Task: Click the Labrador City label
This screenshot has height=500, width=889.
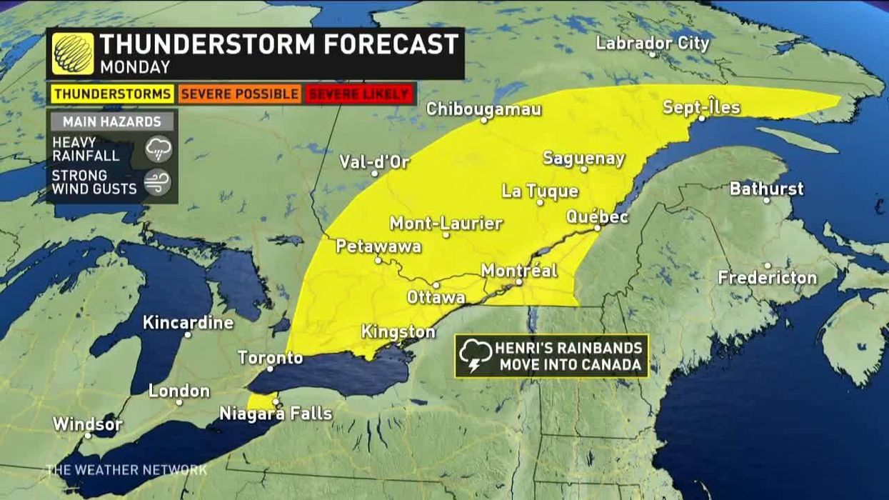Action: point(653,44)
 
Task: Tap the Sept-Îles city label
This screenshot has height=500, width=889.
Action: point(701,108)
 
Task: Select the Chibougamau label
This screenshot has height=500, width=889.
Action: point(483,109)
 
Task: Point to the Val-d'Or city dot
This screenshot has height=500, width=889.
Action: point(374,173)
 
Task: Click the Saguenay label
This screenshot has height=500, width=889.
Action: point(583,159)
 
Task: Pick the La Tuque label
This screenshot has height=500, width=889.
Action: point(540,191)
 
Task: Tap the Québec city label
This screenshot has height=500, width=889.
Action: point(597,217)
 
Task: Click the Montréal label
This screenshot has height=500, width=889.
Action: point(519,271)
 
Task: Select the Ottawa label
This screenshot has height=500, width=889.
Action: point(436,297)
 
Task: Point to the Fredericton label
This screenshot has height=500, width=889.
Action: point(767,277)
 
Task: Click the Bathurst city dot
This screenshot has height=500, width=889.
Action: point(766,200)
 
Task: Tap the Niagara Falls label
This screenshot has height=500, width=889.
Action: point(276,414)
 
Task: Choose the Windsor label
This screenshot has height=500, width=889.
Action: point(88,424)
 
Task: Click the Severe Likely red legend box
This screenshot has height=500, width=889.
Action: point(359,94)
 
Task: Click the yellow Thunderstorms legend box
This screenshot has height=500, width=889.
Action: point(112,94)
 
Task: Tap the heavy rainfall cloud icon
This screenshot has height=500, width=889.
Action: point(158,149)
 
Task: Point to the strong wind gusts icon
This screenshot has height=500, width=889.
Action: point(158,182)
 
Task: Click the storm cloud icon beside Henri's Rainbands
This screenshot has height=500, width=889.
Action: point(475,356)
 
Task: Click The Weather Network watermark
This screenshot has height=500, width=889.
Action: point(126,470)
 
